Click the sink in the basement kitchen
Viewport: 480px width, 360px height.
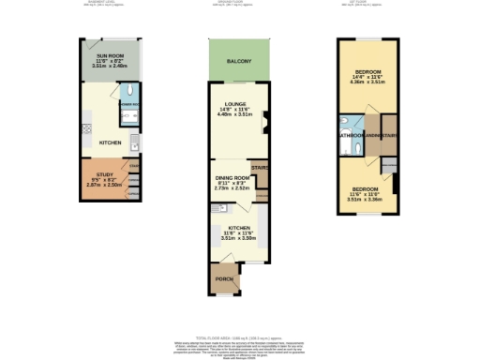135,143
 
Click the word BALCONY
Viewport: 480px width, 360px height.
238,62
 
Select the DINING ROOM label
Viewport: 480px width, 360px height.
232,177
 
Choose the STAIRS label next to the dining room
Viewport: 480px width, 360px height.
260,169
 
